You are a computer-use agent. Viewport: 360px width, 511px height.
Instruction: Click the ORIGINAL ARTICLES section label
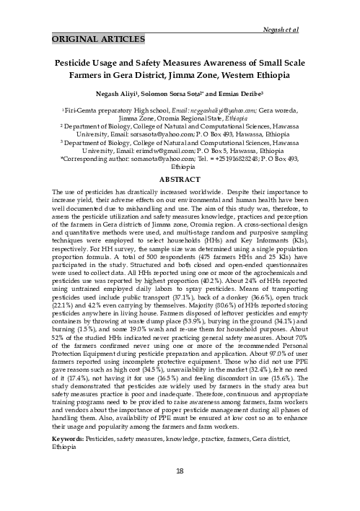[x=97, y=38]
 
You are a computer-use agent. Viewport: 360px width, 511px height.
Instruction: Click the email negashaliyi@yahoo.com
[x=191, y=110]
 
